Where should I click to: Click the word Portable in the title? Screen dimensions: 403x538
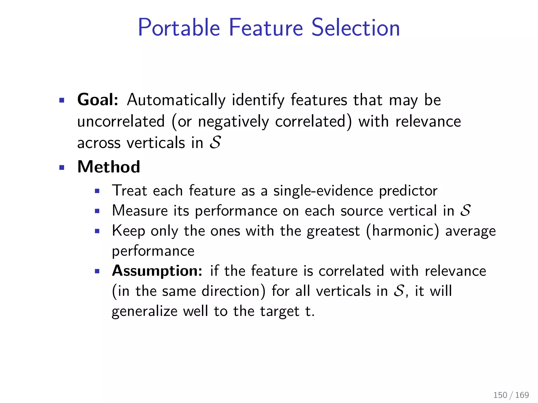(x=179, y=28)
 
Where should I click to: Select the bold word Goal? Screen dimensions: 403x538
(x=98, y=100)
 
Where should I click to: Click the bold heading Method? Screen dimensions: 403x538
(x=109, y=167)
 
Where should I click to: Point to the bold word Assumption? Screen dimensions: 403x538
(x=157, y=271)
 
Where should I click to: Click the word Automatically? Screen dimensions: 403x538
(x=176, y=100)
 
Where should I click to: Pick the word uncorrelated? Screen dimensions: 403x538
(x=121, y=122)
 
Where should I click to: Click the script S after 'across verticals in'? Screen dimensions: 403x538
(x=215, y=143)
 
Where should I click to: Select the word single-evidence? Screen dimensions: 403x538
(x=323, y=191)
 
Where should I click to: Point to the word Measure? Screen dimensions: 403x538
(x=140, y=211)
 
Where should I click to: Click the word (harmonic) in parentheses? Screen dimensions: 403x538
(x=402, y=231)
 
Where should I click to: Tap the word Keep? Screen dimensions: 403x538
(x=128, y=231)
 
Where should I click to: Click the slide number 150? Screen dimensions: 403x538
(x=500, y=395)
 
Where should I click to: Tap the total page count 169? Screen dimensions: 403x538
(x=522, y=395)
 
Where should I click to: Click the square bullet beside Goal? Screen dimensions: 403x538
(x=62, y=100)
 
